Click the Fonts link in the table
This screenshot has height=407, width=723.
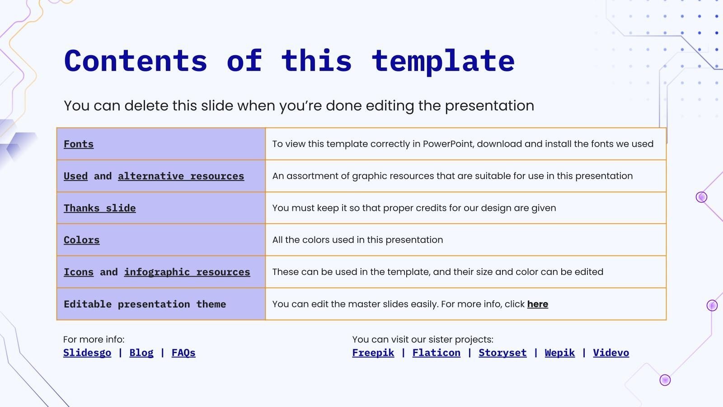pos(79,144)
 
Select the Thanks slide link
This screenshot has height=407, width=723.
pos(99,208)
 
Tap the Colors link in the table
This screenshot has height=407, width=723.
pos(81,240)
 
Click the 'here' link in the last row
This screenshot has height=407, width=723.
pos(537,304)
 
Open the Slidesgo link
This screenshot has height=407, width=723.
pos(87,353)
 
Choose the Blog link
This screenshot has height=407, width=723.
pos(141,353)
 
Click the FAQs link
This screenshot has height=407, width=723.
pos(183,353)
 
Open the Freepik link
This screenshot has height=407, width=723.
pos(373,353)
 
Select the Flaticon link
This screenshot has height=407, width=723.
pos(437,353)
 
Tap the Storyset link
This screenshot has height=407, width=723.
pos(502,353)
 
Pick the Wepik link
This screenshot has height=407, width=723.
pos(560,353)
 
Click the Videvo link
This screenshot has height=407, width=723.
pos(611,353)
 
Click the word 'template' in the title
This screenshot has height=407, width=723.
pos(443,61)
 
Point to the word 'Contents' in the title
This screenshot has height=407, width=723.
pos(136,61)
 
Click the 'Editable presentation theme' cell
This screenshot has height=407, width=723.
pos(145,304)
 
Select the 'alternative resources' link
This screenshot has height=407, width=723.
pos(181,176)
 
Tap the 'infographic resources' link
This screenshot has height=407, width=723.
pos(187,272)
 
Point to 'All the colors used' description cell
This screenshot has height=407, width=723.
pos(357,240)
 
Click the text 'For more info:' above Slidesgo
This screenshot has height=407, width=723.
pos(94,340)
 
